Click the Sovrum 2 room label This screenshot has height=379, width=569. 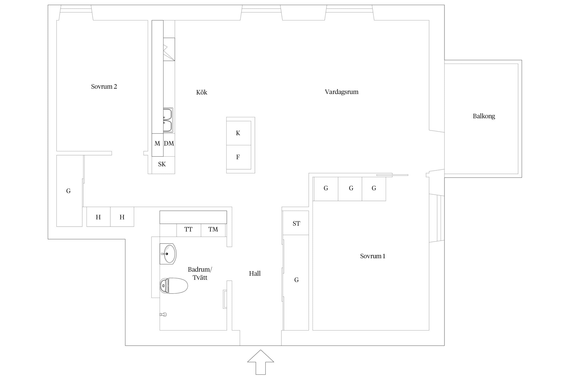(104, 87)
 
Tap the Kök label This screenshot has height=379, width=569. (202, 92)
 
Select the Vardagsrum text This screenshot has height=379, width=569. (341, 92)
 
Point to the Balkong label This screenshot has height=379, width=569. (484, 116)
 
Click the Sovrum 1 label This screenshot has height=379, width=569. (373, 256)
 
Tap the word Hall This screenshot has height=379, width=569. (255, 273)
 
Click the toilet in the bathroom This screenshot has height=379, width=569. (174, 286)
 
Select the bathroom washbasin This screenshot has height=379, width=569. (168, 254)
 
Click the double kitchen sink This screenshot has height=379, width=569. (168, 120)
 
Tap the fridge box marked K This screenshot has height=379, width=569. (239, 133)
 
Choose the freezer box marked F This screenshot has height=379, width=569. (239, 157)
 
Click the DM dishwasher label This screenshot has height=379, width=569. (169, 144)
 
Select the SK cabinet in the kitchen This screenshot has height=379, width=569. (163, 165)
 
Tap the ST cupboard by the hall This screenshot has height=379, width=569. (296, 223)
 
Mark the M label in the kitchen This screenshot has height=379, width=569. (157, 144)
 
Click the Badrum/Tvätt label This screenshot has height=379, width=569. (200, 273)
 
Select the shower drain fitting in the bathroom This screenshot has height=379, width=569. (163, 315)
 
